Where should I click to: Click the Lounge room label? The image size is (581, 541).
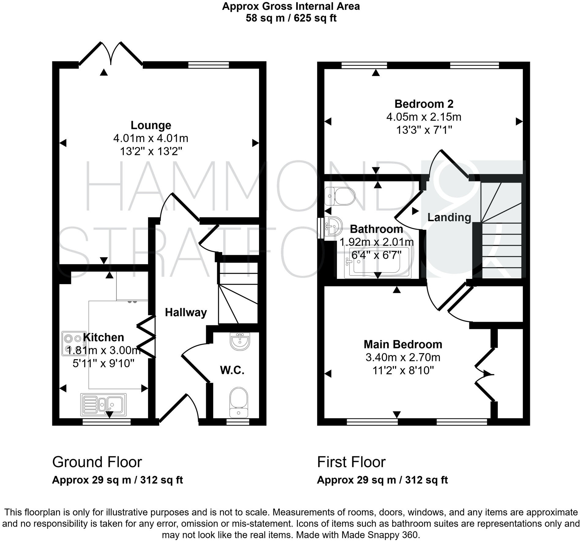151,125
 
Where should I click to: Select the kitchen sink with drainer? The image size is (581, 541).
103,404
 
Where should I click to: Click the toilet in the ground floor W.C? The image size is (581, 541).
239,402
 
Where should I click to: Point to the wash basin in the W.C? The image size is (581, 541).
240,341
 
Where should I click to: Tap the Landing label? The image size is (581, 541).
449,217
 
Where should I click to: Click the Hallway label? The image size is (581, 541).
186,312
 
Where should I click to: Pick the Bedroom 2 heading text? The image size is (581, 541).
424,104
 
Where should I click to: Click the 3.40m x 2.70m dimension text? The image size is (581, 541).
403,357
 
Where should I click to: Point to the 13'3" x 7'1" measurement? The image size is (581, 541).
424,130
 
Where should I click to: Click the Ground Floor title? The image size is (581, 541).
97,462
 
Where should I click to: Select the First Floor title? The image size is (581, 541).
351,462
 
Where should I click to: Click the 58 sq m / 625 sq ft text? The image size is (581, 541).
291,18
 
